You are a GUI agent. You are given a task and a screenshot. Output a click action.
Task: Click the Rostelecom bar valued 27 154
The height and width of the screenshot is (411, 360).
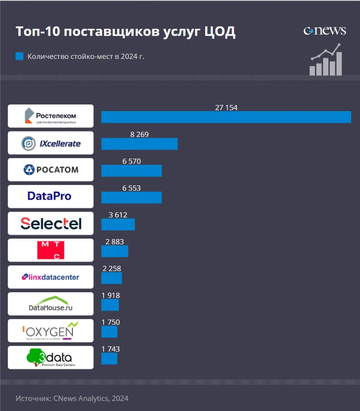point(226,117)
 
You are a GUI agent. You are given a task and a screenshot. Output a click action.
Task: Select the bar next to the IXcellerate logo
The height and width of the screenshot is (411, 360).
point(139,144)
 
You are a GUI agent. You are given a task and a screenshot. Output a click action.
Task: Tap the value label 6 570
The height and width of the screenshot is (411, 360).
point(131,161)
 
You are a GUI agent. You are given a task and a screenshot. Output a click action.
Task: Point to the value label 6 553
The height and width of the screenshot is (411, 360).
point(131,188)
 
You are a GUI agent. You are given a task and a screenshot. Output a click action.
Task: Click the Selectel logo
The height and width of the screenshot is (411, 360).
point(51,223)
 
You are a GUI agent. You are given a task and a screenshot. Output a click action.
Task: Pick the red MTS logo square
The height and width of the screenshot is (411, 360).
point(51,250)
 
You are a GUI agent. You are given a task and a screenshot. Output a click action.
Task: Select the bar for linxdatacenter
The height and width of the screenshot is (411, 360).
point(112,278)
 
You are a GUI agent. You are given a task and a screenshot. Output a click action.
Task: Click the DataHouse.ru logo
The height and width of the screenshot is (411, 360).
point(51,304)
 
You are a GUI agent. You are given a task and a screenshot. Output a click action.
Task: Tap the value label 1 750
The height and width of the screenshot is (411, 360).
point(111,322)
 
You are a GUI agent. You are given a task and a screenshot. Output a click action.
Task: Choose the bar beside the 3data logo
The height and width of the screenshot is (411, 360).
point(109,359)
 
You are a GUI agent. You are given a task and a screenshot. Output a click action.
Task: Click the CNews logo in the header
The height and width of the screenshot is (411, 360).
point(325,31)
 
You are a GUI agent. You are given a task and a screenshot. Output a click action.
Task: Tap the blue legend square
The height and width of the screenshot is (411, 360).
point(19,56)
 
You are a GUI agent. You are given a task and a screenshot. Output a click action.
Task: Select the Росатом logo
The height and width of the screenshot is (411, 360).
point(51,170)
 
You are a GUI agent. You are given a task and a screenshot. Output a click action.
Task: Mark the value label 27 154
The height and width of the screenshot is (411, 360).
point(226,108)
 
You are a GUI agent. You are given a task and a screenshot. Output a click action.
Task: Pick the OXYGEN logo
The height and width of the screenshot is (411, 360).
point(51,331)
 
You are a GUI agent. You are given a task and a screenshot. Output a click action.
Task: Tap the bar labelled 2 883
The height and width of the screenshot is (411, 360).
point(115,251)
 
